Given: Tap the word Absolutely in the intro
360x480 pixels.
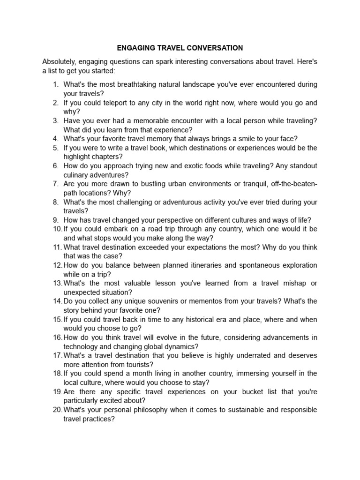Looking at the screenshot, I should tap(59, 62).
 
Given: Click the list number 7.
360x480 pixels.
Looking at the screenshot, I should tap(55, 184).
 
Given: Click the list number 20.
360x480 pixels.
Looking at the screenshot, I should tap(57, 410).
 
